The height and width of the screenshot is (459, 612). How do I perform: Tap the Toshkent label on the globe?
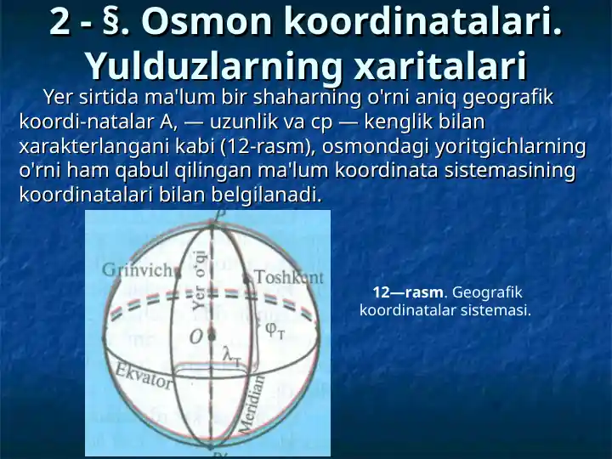[288, 277]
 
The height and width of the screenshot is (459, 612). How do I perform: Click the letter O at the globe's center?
[195, 337]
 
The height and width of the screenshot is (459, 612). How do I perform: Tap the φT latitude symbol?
[275, 329]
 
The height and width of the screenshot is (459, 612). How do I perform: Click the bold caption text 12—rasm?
[407, 292]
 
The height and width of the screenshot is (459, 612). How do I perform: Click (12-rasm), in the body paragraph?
[268, 146]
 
